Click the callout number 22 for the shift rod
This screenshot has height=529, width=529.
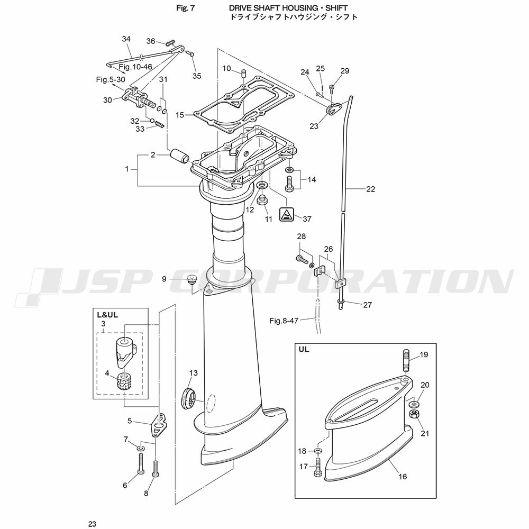coord(370,189)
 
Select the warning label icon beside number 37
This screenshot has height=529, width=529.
coord(287,214)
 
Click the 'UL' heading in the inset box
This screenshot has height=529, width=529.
coord(304,350)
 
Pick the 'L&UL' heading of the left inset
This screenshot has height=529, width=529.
coord(107,315)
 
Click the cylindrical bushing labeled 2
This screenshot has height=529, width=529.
coord(180,156)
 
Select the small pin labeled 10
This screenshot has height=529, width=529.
coord(243,73)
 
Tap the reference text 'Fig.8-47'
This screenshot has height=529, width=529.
coord(284,321)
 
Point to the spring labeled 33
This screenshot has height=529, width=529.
coord(160,125)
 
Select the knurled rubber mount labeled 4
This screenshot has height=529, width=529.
coord(124,381)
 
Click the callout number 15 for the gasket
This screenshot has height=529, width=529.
coord(180,115)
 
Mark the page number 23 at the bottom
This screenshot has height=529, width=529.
coord(92,524)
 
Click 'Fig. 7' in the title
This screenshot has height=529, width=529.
coord(186,8)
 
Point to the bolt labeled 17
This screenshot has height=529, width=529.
coord(317,467)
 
